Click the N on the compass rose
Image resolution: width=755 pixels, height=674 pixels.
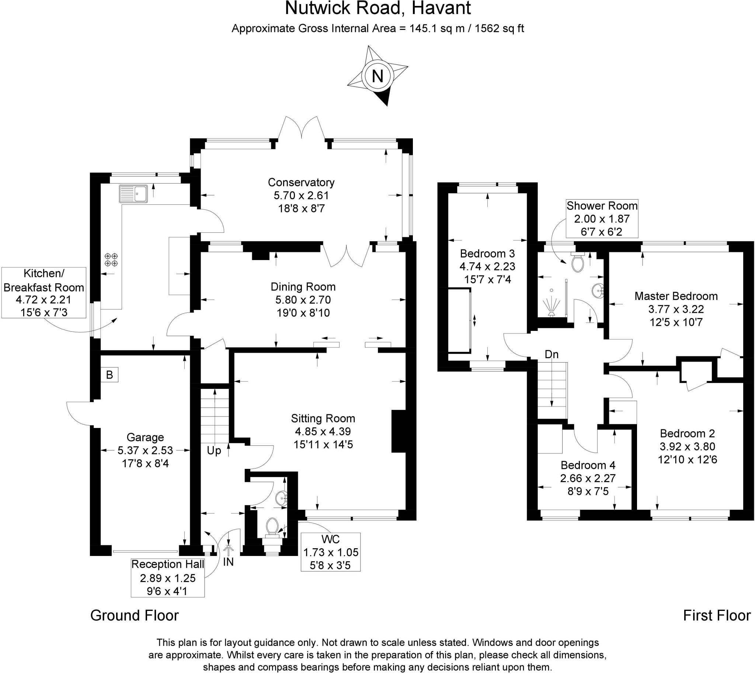tap(377, 77)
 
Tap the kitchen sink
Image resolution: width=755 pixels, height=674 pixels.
tap(133, 194)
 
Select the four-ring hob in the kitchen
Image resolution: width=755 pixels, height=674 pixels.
tap(111, 259)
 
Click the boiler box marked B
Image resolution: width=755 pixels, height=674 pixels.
tap(109, 375)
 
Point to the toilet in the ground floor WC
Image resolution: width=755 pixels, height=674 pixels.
tap(272, 527)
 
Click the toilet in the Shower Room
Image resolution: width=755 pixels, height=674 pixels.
tap(578, 263)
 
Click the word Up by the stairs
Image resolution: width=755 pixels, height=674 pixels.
tap(214, 451)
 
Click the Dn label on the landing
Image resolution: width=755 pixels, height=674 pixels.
tap(552, 355)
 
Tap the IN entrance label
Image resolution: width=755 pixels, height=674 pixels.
tap(228, 562)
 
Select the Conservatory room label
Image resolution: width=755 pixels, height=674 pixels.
tap(301, 182)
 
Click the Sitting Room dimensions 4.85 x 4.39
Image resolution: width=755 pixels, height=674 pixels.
tap(323, 431)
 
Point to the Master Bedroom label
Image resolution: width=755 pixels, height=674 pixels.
tap(676, 296)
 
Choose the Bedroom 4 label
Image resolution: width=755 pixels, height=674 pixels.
tap(588, 465)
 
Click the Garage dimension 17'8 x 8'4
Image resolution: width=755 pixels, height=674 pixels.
tap(145, 463)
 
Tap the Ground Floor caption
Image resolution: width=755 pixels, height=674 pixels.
tap(134, 615)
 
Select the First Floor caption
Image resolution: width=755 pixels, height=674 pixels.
tap(717, 615)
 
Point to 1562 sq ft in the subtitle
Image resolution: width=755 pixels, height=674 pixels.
tap(499, 28)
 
